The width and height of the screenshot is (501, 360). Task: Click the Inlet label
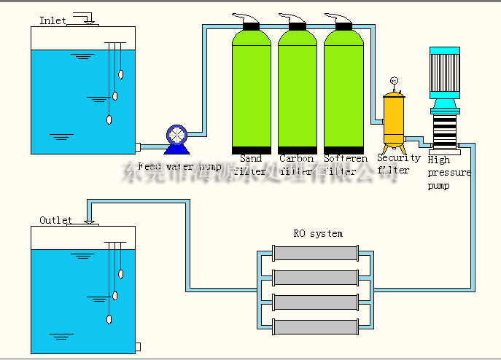tap(53, 20)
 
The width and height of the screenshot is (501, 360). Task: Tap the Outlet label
tap(55, 220)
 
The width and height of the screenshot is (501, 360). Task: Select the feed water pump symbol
tap(176, 136)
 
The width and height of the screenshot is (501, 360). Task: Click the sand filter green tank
tap(252, 91)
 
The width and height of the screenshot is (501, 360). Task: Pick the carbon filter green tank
tap(297, 91)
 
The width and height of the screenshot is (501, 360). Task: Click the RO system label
tap(318, 234)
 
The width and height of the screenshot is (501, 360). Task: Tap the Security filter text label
tap(399, 164)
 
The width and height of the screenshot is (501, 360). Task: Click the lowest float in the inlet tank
tap(109, 120)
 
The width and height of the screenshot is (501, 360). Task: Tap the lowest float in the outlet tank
tap(109, 318)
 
